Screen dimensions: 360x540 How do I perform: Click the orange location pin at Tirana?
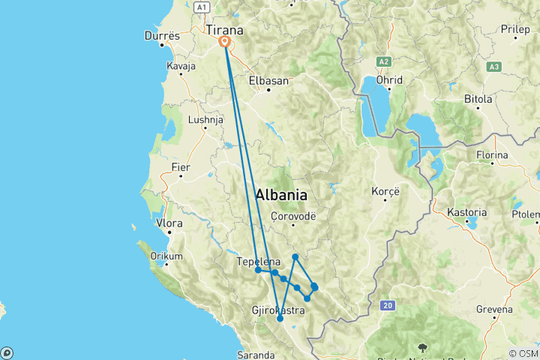(224, 43)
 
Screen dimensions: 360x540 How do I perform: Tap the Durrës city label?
(162, 35)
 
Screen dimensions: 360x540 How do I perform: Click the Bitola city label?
(478, 98)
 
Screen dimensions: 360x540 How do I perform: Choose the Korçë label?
(386, 191)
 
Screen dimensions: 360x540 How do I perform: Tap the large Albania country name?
(281, 195)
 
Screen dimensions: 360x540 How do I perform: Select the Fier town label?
(181, 167)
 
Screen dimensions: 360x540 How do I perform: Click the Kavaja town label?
(181, 66)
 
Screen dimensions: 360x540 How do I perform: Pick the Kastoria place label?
(466, 212)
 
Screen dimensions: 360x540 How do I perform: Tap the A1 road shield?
(200, 7)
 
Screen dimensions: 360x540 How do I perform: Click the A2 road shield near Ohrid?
(384, 61)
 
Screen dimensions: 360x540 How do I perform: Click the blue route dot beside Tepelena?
(258, 270)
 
